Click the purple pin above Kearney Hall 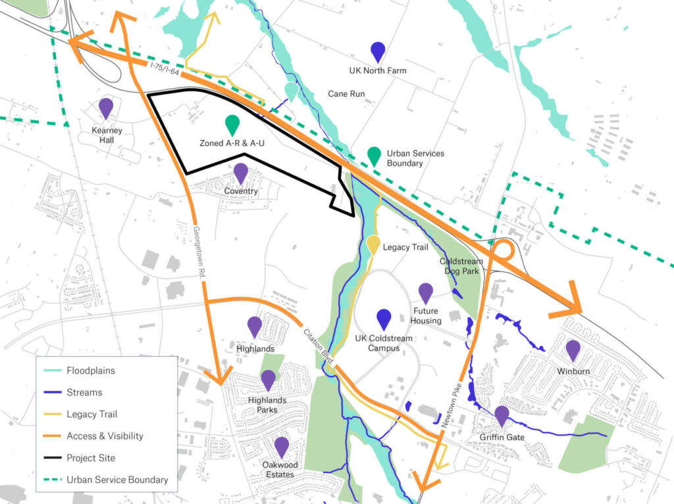coord(106,108)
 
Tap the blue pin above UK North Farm coord(378,51)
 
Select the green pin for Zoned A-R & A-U coord(232,124)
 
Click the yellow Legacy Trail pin coord(373,244)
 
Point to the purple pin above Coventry coord(240,173)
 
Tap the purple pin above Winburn coord(573,350)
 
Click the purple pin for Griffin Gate coord(502,415)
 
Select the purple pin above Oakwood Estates coord(282,447)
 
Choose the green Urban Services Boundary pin coord(374,156)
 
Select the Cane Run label coord(346,94)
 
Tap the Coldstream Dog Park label coord(461,265)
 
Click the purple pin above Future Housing coord(426,293)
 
